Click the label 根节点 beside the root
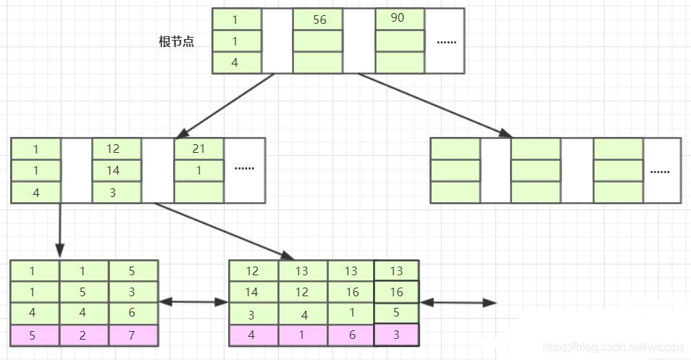point(176,41)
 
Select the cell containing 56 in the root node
point(319,20)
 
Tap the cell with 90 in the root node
point(398,19)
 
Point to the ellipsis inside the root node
point(446,41)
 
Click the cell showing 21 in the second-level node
point(198,148)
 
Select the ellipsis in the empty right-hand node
point(659,172)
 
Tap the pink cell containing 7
point(133,336)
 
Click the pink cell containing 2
point(83,336)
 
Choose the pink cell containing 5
point(34,336)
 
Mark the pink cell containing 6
point(351,336)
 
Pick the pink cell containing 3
point(397,336)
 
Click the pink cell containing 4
point(253,336)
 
